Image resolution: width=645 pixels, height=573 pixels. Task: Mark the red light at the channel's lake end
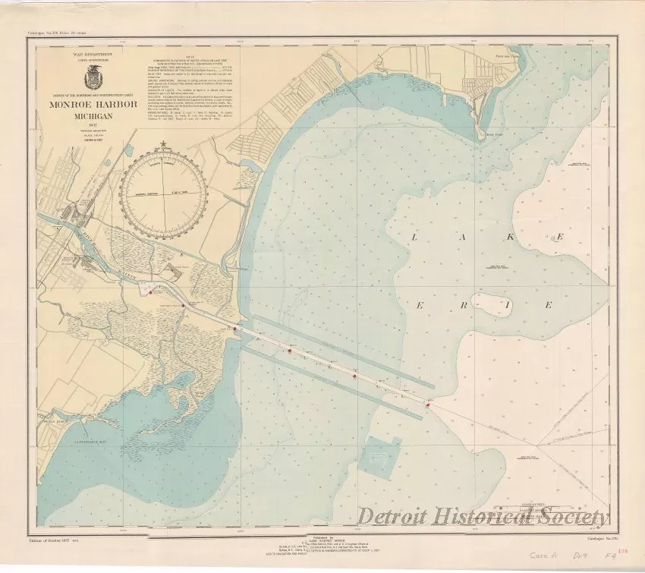coord(428,405)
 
